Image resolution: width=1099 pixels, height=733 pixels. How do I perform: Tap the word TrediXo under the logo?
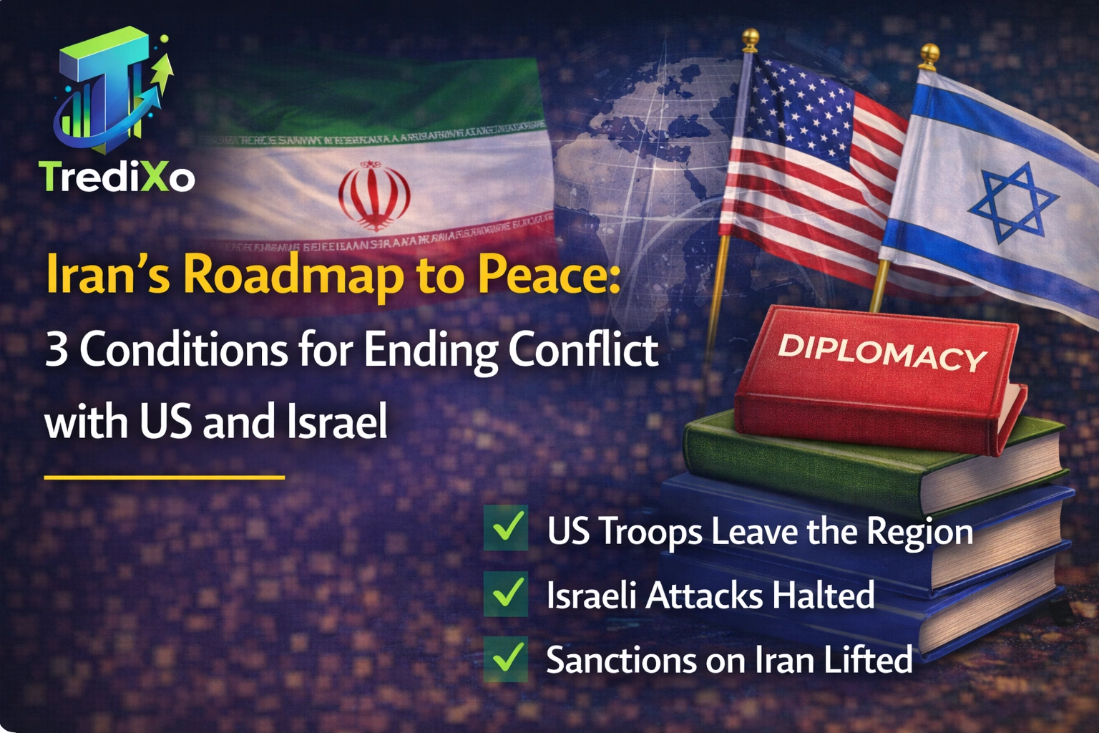tap(117, 176)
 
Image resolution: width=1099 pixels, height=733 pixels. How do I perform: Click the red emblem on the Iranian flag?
tap(374, 195)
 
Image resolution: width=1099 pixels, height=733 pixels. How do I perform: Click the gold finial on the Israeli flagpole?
tap(929, 54)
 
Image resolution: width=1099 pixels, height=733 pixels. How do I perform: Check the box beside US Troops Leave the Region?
tap(506, 528)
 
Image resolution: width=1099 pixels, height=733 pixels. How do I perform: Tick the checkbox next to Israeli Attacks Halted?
tap(506, 593)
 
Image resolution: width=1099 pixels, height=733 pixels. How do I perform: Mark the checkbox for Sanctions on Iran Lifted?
tap(506, 658)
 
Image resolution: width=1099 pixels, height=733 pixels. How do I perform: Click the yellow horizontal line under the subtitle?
tap(165, 476)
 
